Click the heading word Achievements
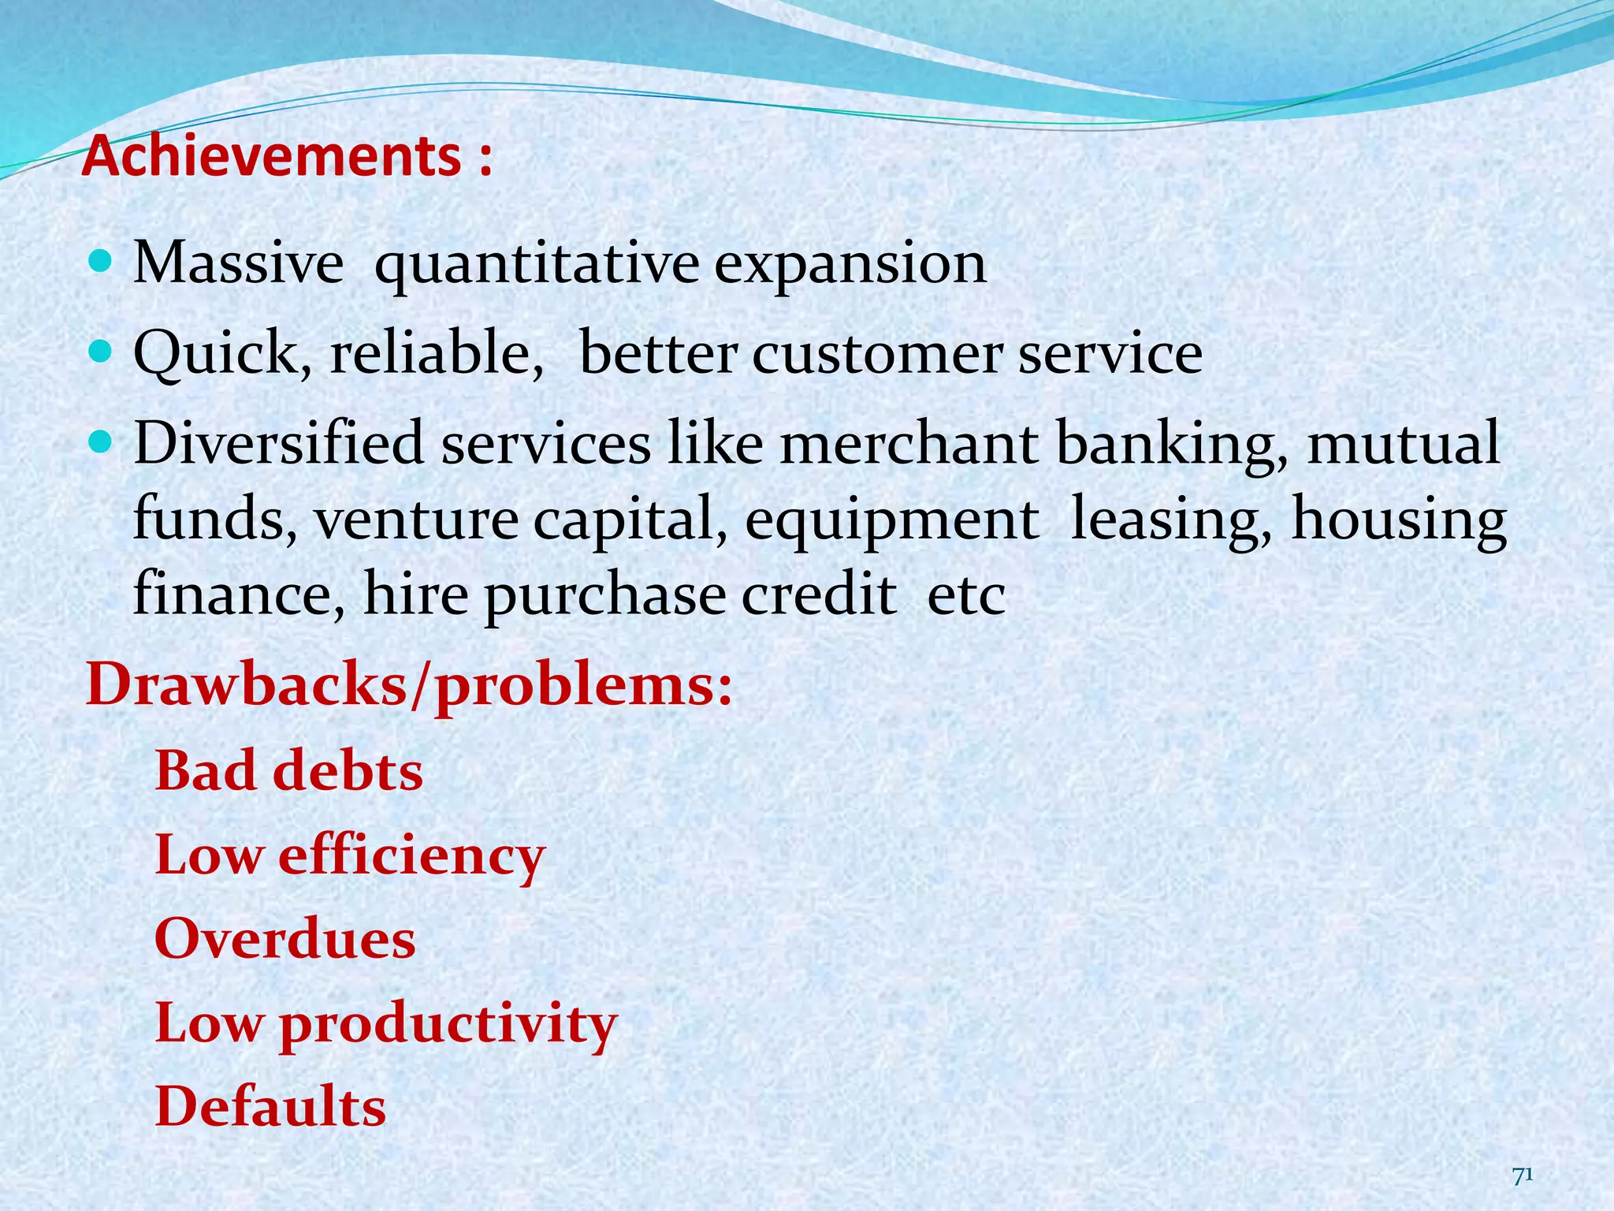(271, 157)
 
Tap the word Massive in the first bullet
(238, 263)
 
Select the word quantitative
(536, 264)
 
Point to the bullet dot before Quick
(102, 350)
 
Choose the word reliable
(437, 352)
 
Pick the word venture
(416, 520)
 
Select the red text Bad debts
(289, 770)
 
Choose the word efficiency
(411, 856)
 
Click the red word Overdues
(285, 939)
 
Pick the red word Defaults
(271, 1107)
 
